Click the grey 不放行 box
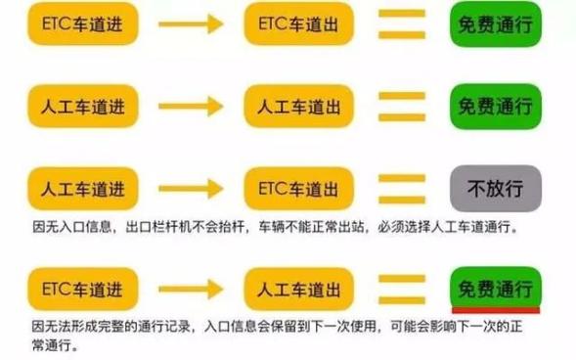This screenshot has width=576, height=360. point(496,189)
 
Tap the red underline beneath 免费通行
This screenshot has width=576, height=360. point(496,311)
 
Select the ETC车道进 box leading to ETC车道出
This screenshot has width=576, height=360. point(83,23)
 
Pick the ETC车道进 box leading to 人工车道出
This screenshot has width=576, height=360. point(83,290)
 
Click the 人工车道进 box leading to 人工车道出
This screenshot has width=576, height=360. point(83,107)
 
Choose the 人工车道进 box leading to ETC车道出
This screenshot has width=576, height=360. point(83,189)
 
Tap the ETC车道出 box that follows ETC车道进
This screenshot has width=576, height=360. point(298,23)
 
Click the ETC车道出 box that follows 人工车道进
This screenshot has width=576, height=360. point(298,189)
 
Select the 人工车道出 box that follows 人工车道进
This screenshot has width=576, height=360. point(298,107)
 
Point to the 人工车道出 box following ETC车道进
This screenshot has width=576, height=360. point(298,290)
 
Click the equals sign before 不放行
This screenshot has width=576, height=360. point(402,189)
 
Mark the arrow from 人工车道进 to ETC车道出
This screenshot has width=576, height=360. point(191,189)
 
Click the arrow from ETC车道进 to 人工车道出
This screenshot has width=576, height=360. point(191,290)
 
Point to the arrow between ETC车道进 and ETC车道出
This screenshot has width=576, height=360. point(191,24)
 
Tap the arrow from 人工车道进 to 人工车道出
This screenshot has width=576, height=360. point(191,107)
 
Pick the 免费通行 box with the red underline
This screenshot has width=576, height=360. point(496,289)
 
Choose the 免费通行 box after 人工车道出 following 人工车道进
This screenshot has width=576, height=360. point(496,107)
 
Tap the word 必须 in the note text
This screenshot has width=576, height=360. point(391,227)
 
